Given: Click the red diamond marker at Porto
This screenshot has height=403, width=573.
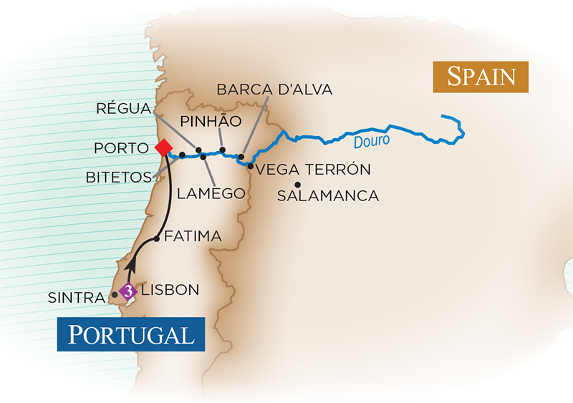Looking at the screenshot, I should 163,147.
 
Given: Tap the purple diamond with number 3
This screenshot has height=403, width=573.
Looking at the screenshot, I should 128,291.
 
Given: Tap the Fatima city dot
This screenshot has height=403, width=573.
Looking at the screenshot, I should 157,239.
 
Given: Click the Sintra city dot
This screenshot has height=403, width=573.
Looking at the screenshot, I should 115,294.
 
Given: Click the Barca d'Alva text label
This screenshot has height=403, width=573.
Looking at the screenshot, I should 274,89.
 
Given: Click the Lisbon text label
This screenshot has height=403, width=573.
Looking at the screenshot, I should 170,291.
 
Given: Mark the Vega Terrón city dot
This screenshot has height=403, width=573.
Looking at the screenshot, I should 250,166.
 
